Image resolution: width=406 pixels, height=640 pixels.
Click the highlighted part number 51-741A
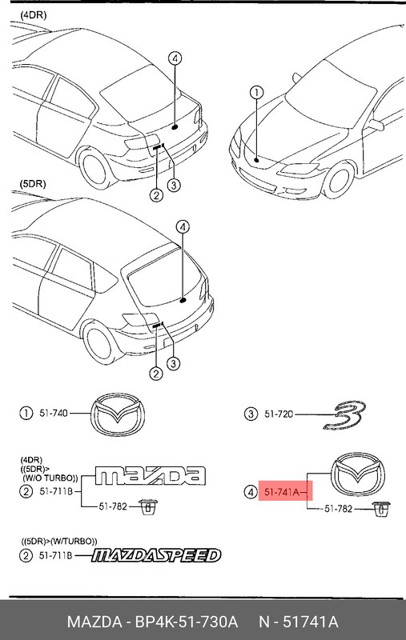point(281,493)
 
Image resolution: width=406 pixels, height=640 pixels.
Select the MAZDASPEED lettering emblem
point(155,555)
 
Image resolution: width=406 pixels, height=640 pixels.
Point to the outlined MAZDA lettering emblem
point(149,476)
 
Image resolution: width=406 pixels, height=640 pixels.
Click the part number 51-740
point(53,414)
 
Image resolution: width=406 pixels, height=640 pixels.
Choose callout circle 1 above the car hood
point(256,93)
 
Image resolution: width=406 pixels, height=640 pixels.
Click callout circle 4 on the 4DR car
point(175,58)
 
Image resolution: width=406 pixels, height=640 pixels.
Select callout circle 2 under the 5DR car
point(155,374)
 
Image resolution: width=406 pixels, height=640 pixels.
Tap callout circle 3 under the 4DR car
point(173,186)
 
